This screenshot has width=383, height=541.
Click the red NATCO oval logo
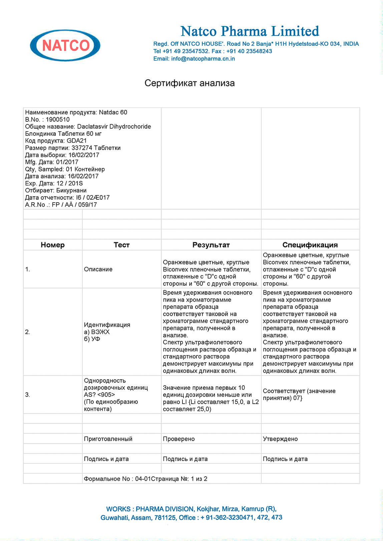pos(65,45)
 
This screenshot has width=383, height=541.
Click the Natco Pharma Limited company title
pos(250,31)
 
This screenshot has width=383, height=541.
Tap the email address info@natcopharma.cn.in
pos(203,59)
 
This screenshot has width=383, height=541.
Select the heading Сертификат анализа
pos(189,83)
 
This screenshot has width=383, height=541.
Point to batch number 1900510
pos(58,119)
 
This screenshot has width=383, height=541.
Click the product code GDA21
pos(77,141)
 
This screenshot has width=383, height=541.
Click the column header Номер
pos(52,245)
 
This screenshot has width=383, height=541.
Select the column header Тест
pos(121,245)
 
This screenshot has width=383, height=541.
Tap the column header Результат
pos(211,245)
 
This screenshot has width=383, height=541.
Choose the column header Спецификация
pos(310,245)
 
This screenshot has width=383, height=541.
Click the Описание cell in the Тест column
pos(98,269)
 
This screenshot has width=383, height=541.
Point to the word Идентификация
pos(107,325)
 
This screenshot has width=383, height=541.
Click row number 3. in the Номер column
pos(28,395)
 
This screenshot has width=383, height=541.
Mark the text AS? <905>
pos(99,395)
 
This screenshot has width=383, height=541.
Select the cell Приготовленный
pos(108,439)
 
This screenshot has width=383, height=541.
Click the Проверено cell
pos(179,439)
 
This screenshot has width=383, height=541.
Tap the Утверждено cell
pos(280,439)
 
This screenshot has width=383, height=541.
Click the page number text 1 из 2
pos(199,479)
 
